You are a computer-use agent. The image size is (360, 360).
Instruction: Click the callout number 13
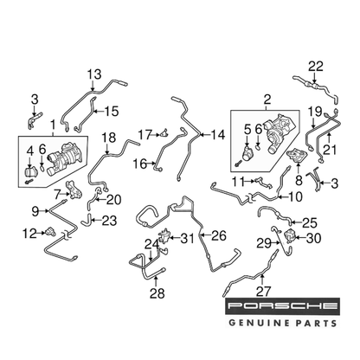(x=94, y=74)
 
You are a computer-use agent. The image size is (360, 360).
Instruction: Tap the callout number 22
(x=315, y=67)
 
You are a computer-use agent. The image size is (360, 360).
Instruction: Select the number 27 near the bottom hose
(x=263, y=292)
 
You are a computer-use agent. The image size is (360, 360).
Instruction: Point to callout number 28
(x=157, y=293)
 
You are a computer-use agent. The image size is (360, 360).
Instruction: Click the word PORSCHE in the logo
(x=282, y=305)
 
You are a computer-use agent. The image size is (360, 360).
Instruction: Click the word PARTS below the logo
(x=316, y=323)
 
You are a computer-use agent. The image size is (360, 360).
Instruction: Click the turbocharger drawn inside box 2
(x=280, y=132)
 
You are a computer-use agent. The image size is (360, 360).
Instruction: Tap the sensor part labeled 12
(x=50, y=231)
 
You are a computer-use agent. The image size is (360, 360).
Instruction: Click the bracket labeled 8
(x=297, y=156)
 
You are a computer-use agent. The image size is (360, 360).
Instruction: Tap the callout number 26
(x=219, y=236)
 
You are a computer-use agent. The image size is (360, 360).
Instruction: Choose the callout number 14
(x=217, y=135)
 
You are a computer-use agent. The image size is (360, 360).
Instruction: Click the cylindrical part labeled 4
(x=29, y=172)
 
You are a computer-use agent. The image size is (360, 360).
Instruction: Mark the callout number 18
(x=108, y=138)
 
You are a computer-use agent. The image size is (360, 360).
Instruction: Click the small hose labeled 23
(x=87, y=220)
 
